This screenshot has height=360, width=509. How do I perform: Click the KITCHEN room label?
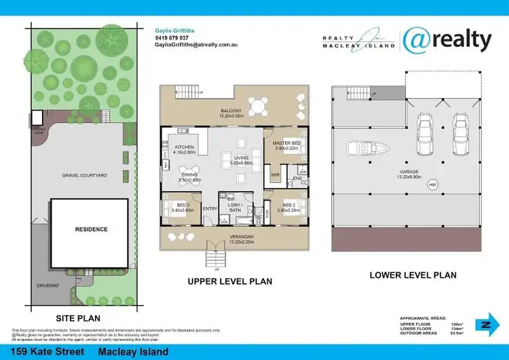(x=184, y=147)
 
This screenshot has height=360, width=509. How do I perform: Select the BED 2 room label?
(x=288, y=204)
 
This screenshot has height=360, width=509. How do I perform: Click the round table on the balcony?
(x=257, y=107)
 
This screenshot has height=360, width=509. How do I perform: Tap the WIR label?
(x=276, y=175)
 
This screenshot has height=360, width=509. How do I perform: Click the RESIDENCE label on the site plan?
(x=91, y=230)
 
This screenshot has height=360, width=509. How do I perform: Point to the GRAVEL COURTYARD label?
(x=85, y=175)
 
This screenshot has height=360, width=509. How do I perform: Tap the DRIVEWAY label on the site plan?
(x=48, y=285)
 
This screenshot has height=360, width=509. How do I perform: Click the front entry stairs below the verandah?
(x=214, y=258)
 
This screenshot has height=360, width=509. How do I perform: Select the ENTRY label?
(x=210, y=208)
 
